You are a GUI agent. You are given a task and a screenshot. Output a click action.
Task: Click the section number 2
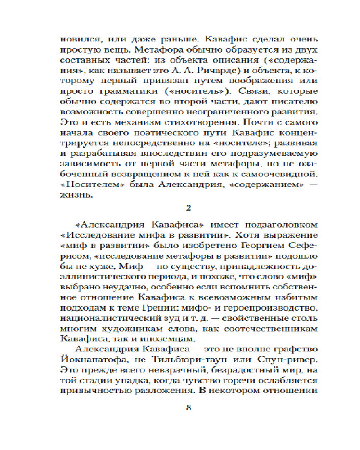[x=189, y=207]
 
